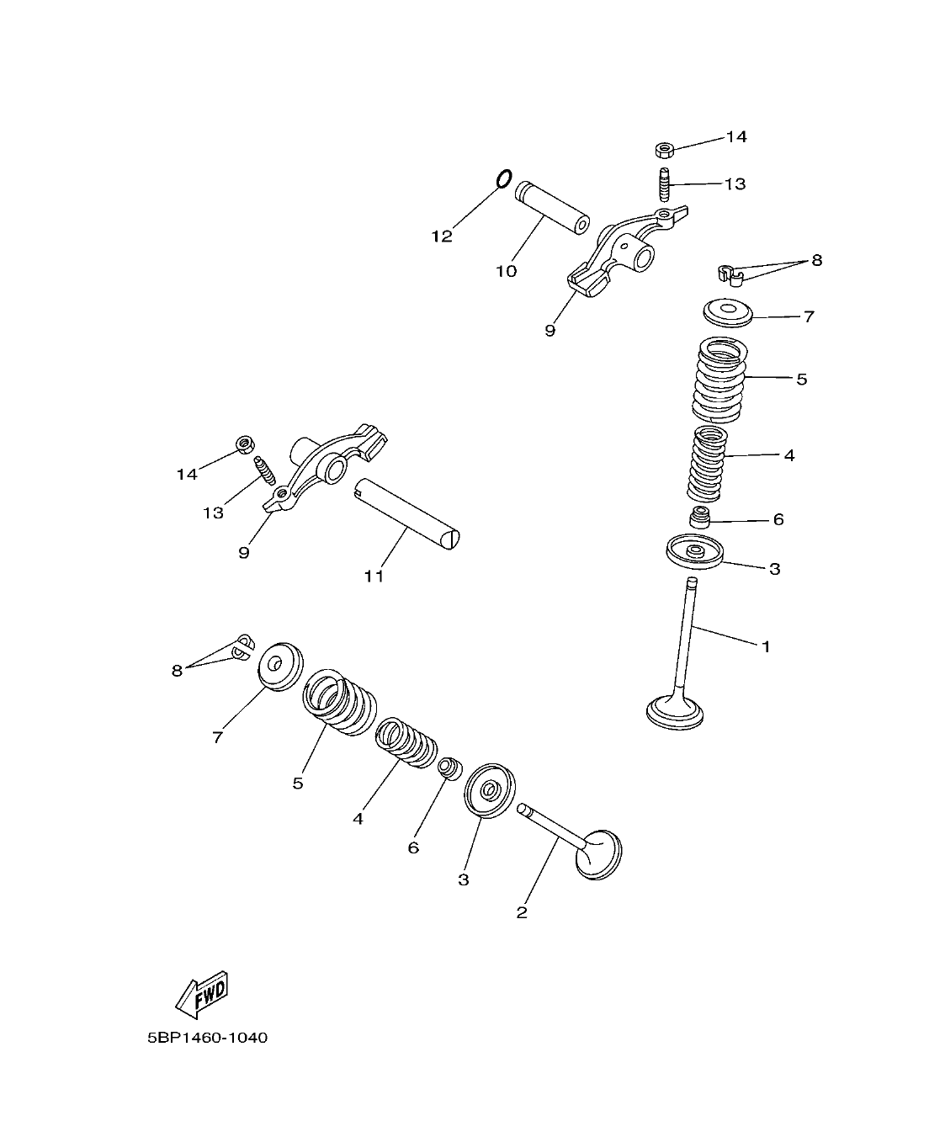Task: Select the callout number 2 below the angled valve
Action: [x=522, y=912]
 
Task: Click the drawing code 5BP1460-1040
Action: [x=207, y=1038]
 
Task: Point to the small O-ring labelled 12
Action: [x=503, y=178]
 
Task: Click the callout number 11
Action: [x=374, y=576]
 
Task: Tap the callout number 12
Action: [x=442, y=236]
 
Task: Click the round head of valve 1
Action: [x=675, y=712]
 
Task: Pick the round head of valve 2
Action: [x=600, y=854]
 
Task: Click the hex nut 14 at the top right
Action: [x=663, y=150]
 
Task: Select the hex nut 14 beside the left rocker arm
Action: [x=246, y=444]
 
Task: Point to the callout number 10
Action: [x=506, y=271]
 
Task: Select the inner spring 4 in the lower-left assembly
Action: [x=407, y=741]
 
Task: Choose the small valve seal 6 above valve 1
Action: [x=700, y=516]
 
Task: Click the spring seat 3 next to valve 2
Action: [x=489, y=789]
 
